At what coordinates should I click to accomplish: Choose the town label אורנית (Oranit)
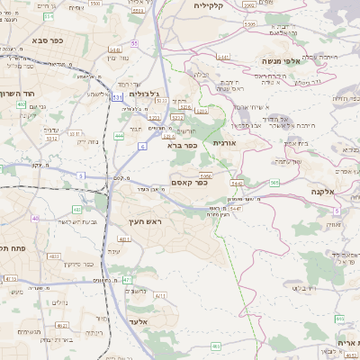222,142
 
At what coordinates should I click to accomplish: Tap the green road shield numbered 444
119,136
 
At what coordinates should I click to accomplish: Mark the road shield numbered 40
35,218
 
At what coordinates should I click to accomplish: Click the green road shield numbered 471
127,280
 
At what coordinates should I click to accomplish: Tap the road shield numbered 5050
205,175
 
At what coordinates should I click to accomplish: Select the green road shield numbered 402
20,104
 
